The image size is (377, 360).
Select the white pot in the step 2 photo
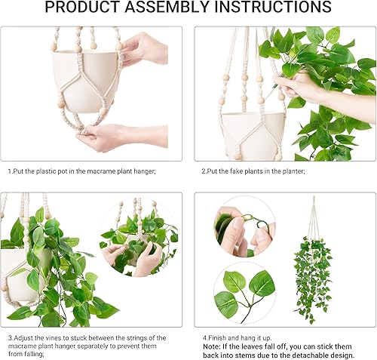tap(246, 132)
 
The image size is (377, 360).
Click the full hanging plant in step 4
tap(315, 264)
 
